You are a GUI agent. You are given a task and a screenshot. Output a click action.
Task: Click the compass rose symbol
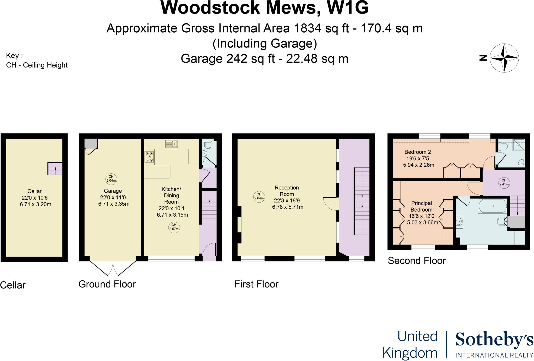click(x=504, y=58)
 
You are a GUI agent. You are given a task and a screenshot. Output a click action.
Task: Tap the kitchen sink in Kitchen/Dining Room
click(x=171, y=144)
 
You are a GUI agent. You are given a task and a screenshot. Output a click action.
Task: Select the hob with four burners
click(x=149, y=157)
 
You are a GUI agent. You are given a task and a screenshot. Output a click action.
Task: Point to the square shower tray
click(x=519, y=145)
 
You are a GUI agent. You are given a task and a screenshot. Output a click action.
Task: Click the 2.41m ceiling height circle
click(x=504, y=182)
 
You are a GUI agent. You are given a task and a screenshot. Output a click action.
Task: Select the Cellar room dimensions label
click(x=35, y=201)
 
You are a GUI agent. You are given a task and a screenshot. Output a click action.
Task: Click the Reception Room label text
click(x=287, y=191)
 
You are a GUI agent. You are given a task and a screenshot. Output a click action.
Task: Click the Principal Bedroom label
click(x=421, y=206)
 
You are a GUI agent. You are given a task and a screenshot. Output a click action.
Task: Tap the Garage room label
click(x=113, y=191)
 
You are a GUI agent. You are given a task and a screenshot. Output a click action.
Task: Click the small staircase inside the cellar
click(x=55, y=169)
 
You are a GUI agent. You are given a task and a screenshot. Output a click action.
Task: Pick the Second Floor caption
click(x=417, y=261)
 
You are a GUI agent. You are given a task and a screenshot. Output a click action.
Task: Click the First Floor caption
click(x=256, y=284)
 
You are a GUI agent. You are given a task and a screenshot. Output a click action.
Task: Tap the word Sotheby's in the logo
click(x=494, y=340)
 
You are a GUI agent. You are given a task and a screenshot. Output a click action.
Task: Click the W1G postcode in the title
click(x=348, y=8)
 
